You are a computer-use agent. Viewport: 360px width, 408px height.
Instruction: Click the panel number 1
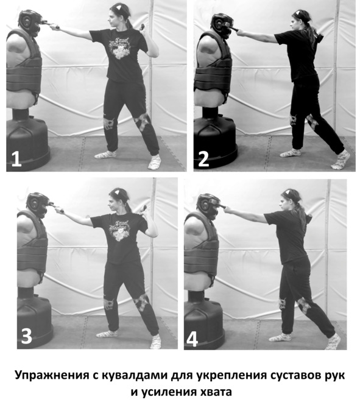click(x=16, y=159)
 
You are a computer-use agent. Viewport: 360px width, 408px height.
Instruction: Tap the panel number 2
click(x=203, y=159)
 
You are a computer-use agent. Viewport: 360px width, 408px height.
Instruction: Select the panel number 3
click(x=26, y=336)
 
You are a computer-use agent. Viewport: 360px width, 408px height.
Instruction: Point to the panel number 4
click(x=192, y=339)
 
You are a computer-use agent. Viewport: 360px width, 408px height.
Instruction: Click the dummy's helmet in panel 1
click(x=30, y=21)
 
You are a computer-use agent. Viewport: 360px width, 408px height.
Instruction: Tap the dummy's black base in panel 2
click(x=215, y=141)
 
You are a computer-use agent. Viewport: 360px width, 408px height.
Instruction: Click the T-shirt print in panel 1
click(x=120, y=47)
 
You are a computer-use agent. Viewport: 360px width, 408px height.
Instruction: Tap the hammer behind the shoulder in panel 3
click(x=143, y=209)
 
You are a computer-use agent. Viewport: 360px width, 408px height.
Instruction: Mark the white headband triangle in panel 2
click(x=297, y=12)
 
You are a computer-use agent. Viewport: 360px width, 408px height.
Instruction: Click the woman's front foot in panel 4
click(x=280, y=337)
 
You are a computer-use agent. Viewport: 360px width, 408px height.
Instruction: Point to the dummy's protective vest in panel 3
click(x=33, y=244)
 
